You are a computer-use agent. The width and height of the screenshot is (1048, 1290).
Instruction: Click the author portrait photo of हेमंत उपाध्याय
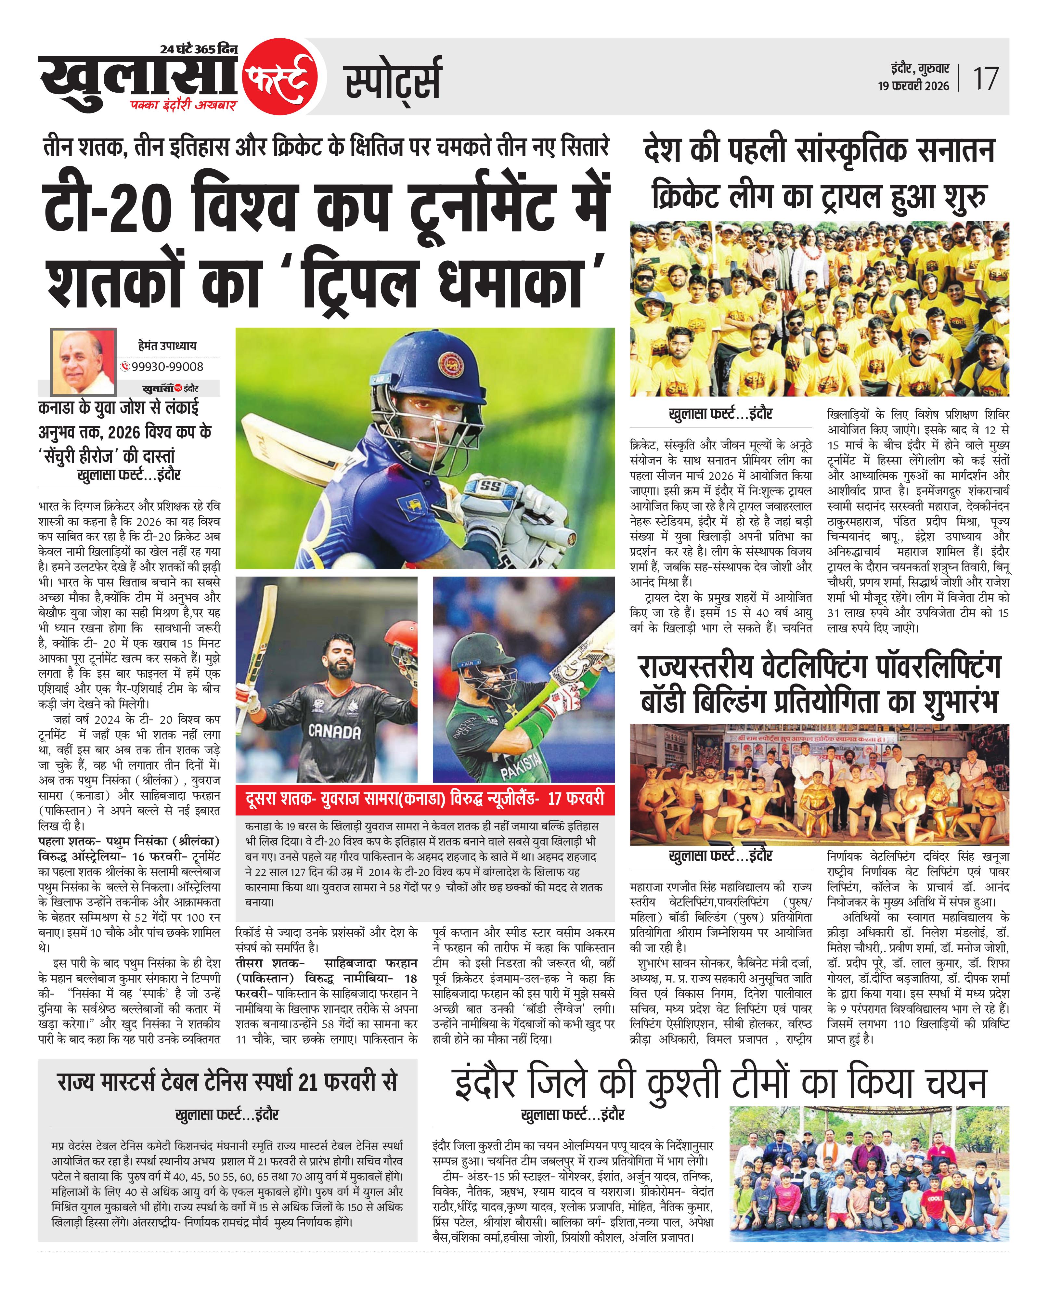tap(83, 361)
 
